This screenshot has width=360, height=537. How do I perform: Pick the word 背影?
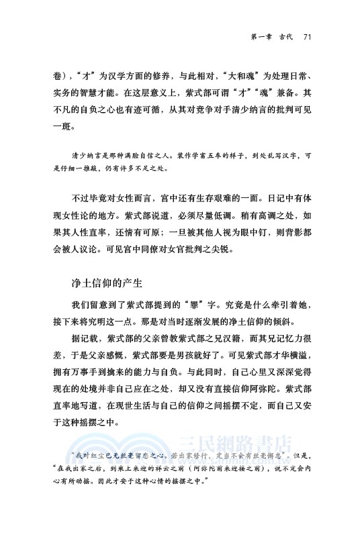(x=296, y=232)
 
